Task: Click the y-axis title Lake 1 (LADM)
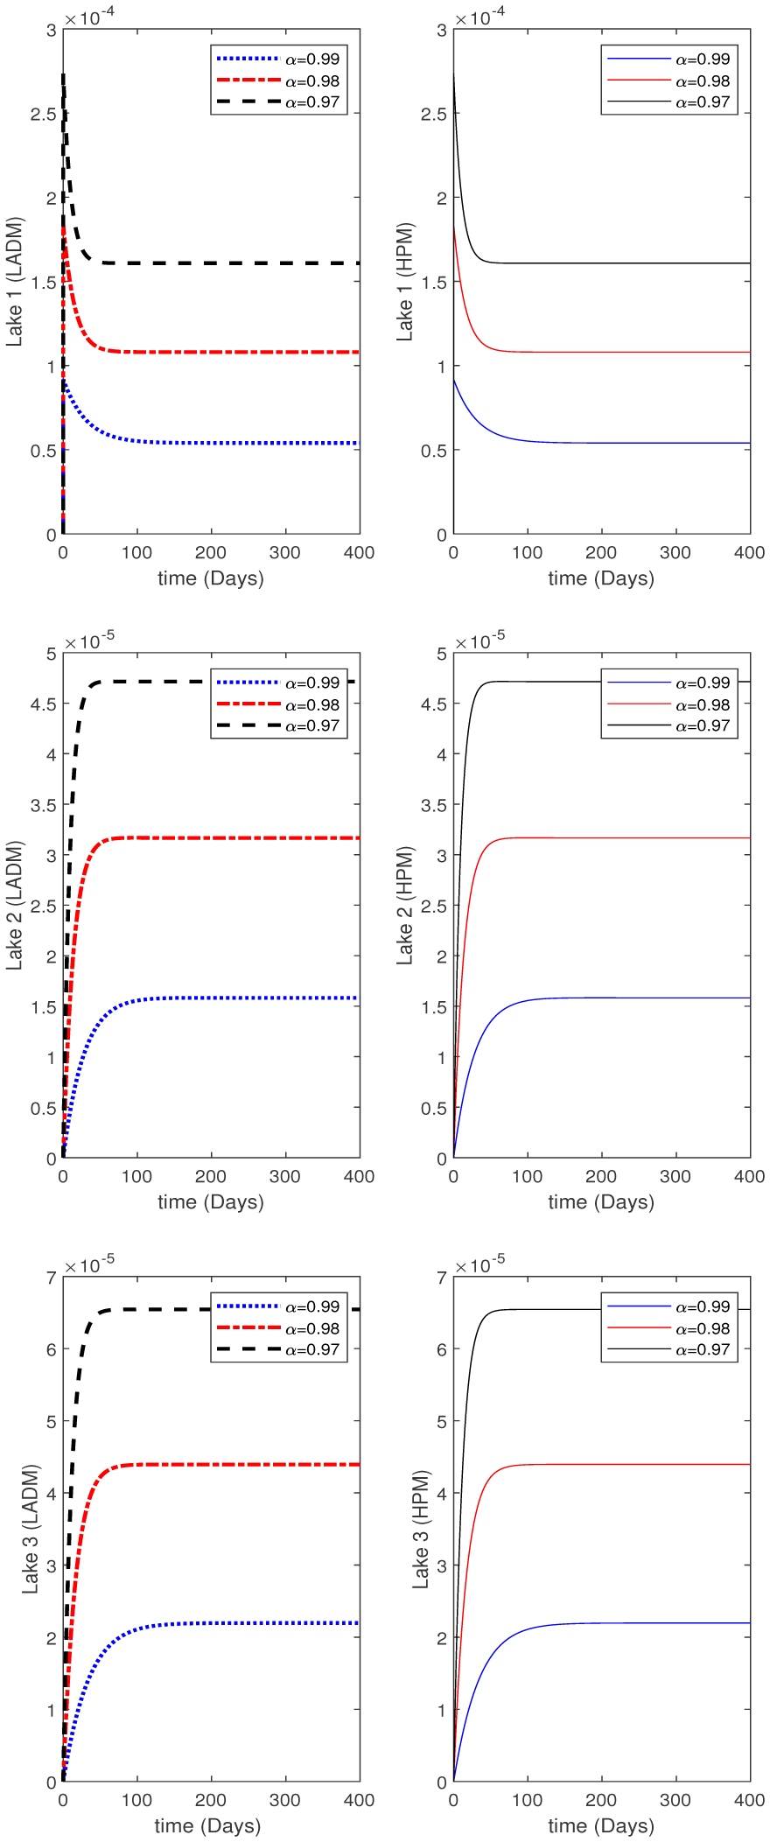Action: (15, 282)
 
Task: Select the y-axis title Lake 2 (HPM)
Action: (405, 906)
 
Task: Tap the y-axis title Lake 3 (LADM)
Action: (31, 1529)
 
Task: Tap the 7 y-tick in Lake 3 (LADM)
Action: (51, 1278)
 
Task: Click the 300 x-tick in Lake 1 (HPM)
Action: (675, 553)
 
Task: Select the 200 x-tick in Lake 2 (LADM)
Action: (211, 1177)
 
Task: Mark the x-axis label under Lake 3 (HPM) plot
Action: (601, 1825)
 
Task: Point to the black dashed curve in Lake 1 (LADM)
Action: (219, 263)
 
